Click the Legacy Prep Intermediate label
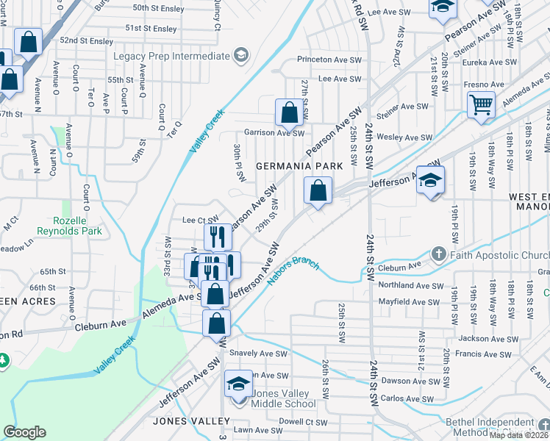coord(171,56)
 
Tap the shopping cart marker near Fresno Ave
coord(481,104)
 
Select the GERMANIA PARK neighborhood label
coord(299,166)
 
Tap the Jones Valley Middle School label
coord(284,398)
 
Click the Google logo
coord(24,432)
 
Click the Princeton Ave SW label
coord(329,60)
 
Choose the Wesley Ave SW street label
coord(404,137)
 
